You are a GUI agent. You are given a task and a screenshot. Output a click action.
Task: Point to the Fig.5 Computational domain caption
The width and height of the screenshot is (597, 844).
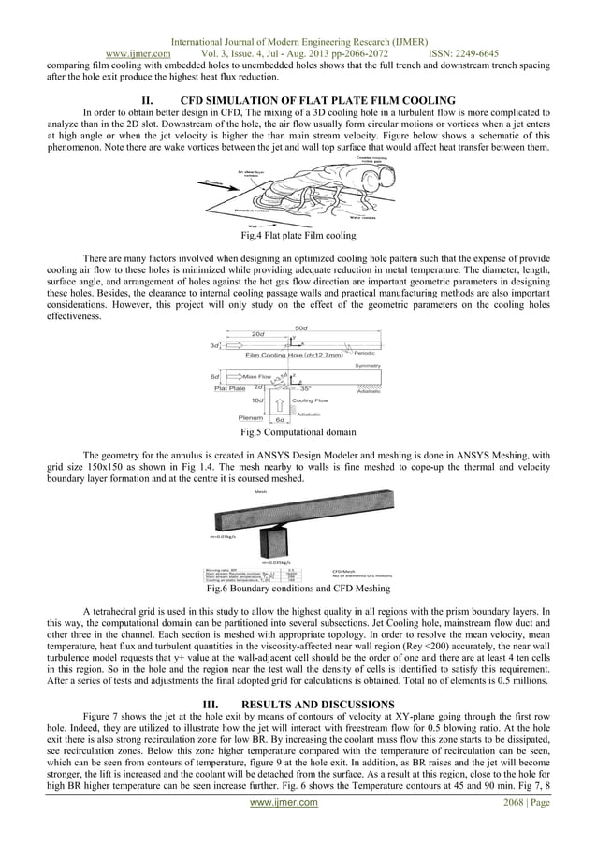(298, 433)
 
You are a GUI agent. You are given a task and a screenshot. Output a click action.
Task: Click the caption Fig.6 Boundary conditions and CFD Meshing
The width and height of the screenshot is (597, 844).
(298, 589)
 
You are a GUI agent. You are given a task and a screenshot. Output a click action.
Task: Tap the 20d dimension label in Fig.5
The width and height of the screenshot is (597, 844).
(256, 334)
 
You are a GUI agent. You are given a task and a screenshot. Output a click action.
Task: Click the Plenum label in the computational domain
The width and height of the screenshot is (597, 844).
(250, 417)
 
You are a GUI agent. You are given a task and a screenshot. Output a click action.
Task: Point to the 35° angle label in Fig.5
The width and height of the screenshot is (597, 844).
(304, 387)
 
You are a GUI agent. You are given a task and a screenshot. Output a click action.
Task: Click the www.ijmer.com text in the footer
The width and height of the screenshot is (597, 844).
(298, 830)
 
